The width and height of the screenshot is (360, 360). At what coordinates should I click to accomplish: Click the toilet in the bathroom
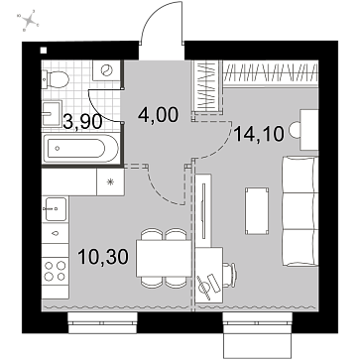56,79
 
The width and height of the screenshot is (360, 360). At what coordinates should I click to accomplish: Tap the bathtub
80,148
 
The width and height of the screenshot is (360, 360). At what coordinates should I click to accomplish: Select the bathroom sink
52,113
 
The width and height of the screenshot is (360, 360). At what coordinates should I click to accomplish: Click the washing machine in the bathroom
106,70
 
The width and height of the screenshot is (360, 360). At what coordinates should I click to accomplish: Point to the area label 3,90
82,122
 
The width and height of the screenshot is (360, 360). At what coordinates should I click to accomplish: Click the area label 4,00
159,115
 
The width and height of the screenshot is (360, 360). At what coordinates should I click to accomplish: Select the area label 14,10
259,134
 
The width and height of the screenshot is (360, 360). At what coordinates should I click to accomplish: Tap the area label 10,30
103,257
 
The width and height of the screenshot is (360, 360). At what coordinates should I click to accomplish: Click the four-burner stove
55,271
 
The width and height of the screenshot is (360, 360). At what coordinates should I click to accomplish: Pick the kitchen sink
55,208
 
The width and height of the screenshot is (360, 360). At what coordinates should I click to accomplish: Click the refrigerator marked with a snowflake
110,181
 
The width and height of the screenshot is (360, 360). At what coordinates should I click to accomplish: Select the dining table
164,259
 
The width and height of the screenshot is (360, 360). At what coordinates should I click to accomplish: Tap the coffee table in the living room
257,211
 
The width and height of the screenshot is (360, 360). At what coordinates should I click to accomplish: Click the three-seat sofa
300,211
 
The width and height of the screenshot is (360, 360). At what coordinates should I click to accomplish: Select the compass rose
30,21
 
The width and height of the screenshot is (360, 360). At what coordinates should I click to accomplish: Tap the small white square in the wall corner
44,51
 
